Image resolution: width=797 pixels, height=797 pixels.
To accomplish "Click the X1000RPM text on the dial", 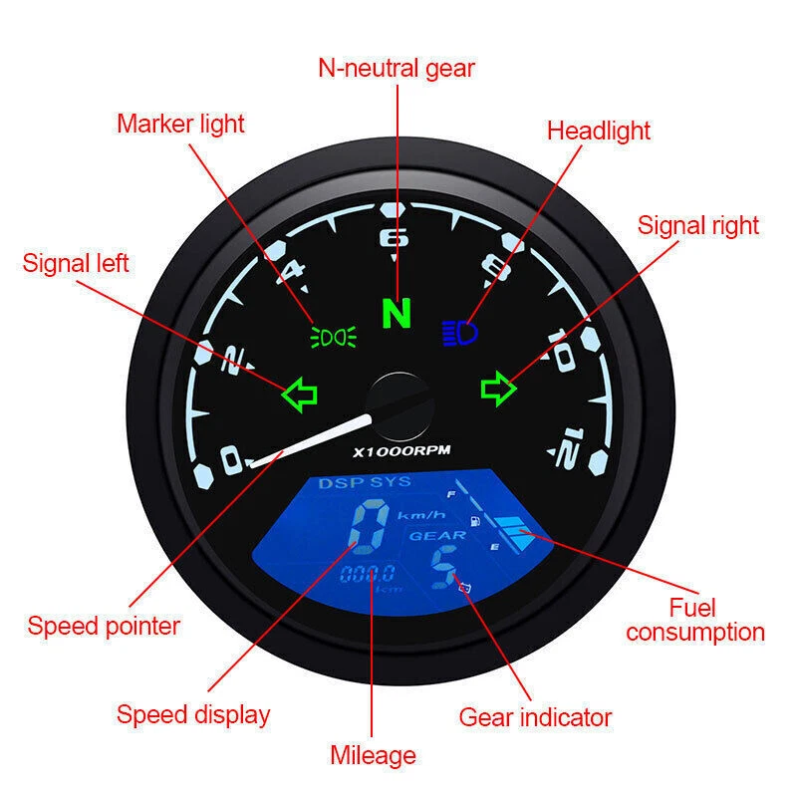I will click(401, 450).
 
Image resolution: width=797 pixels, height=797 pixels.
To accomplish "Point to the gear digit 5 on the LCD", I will click(439, 571).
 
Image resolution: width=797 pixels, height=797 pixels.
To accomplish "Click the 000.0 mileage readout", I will click(368, 574).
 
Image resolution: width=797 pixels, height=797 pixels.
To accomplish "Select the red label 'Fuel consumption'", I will click(695, 620).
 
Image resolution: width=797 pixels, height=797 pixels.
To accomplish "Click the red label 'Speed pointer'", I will click(104, 627).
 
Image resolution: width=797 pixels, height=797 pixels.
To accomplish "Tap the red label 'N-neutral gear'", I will click(397, 68).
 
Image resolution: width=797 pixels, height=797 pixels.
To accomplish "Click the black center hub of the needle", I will click(400, 403).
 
